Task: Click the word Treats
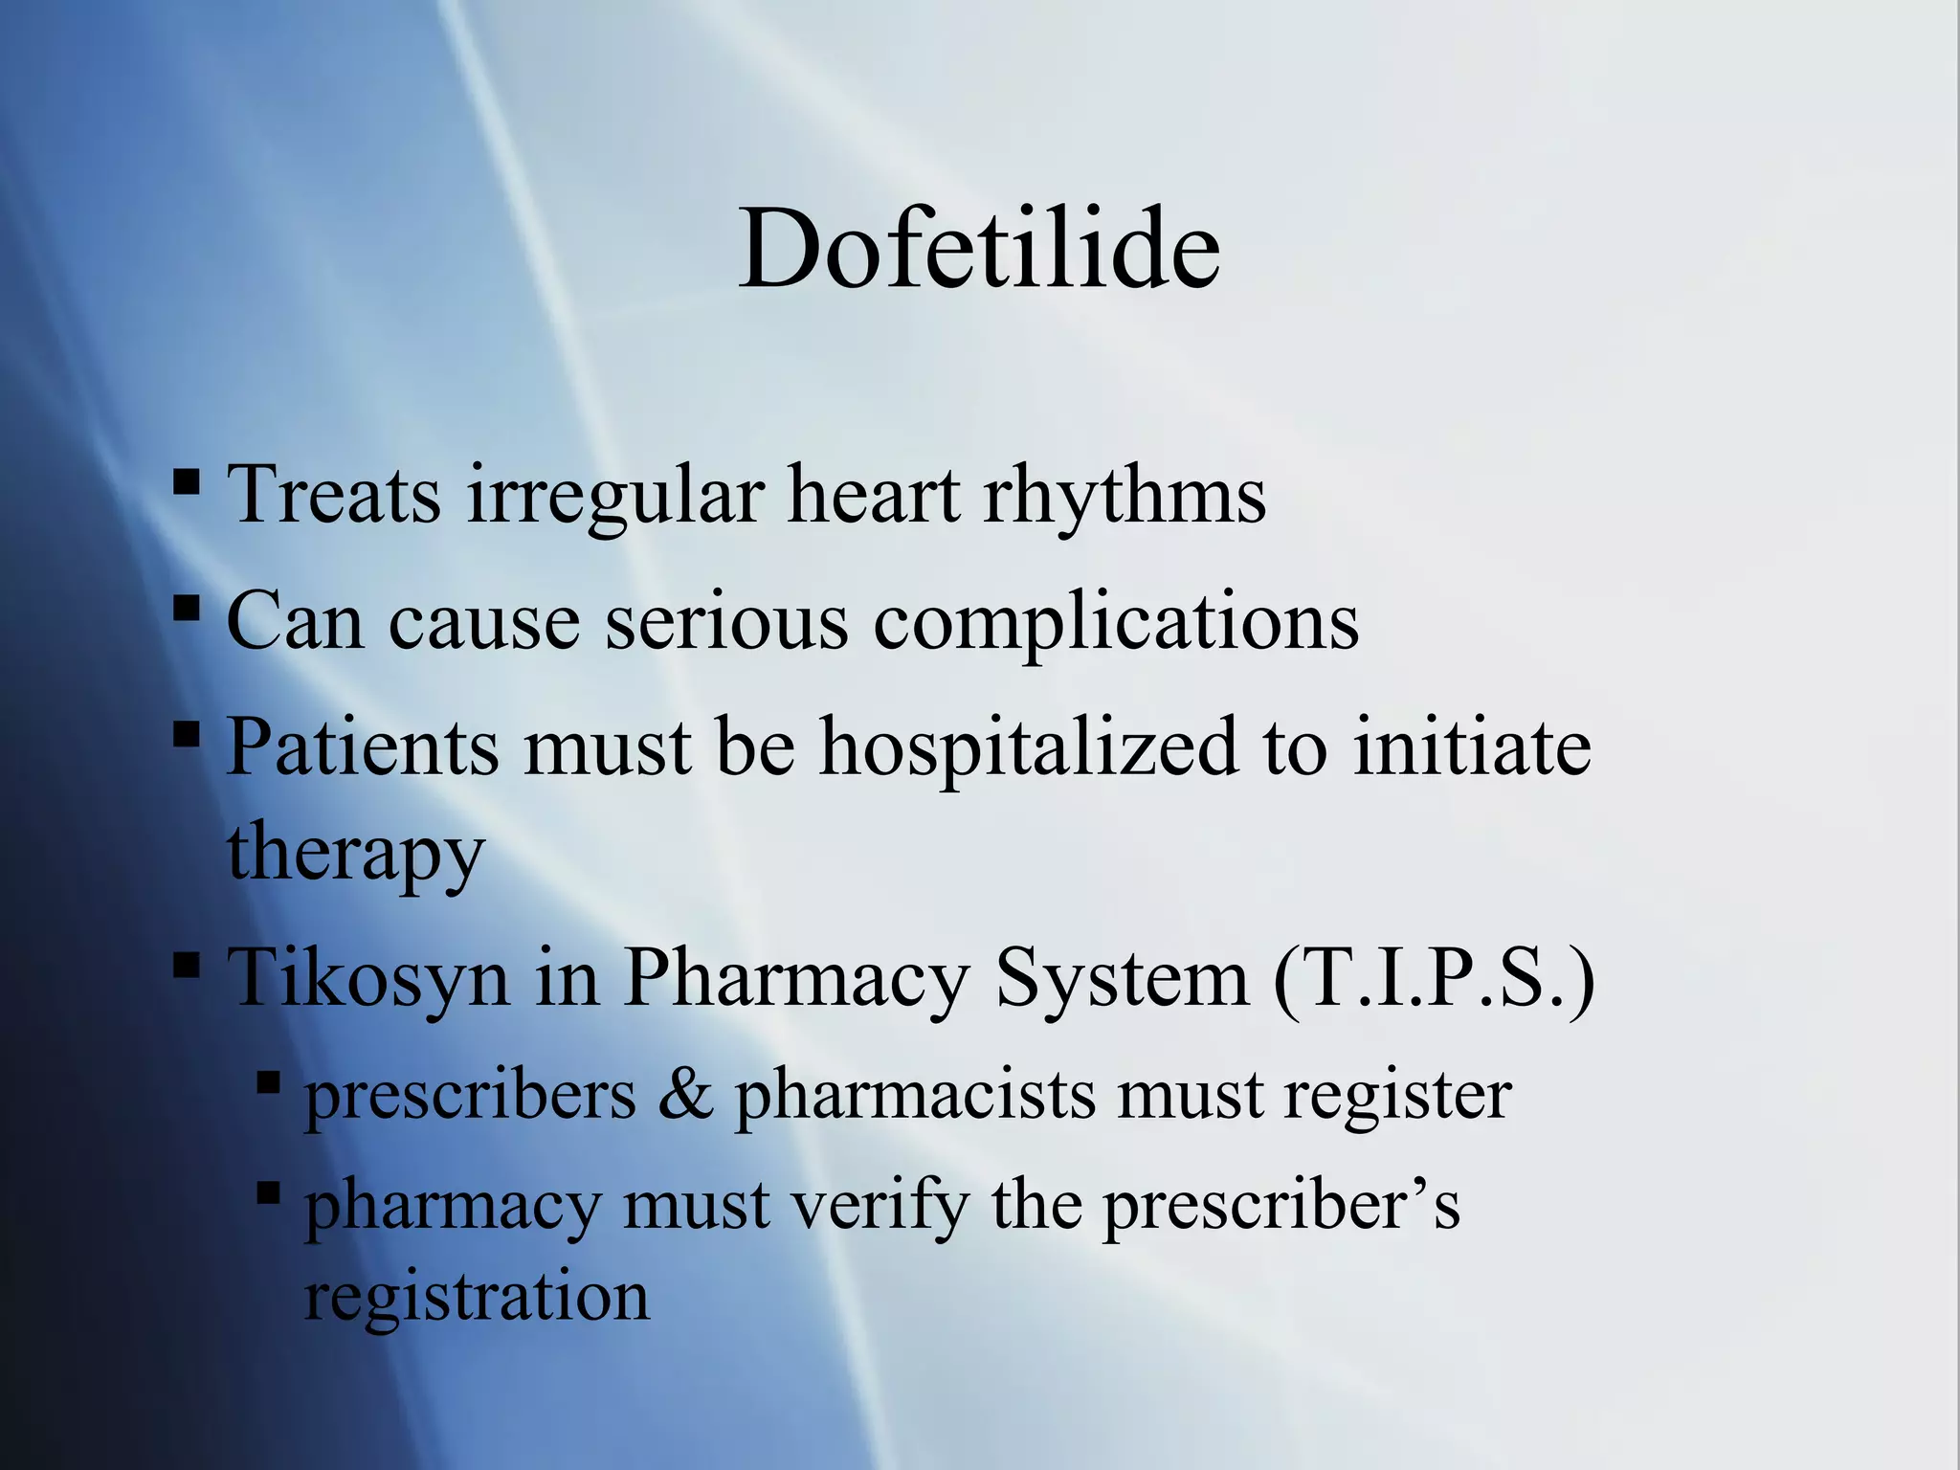click(x=334, y=495)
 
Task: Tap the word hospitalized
click(x=1030, y=748)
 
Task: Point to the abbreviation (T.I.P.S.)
click(x=1434, y=978)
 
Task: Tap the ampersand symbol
click(x=685, y=1095)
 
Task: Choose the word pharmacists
click(x=915, y=1095)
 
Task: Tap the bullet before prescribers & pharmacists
click(x=269, y=1083)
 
